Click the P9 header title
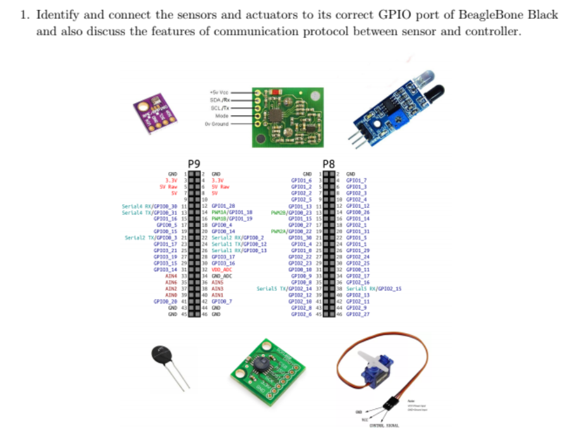[196, 163]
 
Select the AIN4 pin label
[170, 276]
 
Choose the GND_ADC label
[222, 276]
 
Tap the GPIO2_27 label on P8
[358, 314]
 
